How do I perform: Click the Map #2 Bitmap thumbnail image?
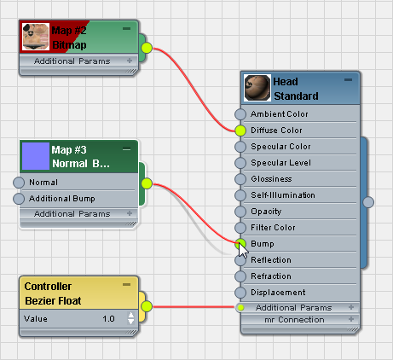click(x=36, y=37)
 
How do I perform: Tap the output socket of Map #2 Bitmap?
click(x=147, y=48)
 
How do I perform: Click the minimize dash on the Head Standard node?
click(x=348, y=79)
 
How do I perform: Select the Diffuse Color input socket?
click(x=240, y=131)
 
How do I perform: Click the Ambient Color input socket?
click(x=240, y=114)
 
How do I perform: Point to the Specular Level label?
click(x=280, y=163)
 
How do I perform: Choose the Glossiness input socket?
click(x=240, y=179)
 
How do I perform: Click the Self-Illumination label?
click(x=283, y=195)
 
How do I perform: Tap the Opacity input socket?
click(x=240, y=212)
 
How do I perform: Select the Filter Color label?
click(x=273, y=228)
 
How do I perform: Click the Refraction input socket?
click(x=240, y=276)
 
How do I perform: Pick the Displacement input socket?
click(x=240, y=293)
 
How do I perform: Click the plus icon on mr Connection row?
click(x=351, y=319)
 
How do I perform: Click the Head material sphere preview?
click(x=257, y=88)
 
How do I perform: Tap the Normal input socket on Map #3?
click(x=19, y=183)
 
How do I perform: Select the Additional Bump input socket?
click(x=19, y=199)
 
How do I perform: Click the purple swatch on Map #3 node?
click(x=36, y=156)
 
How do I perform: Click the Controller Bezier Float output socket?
click(x=147, y=306)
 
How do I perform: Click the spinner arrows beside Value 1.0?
click(x=130, y=318)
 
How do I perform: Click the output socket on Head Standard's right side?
click(x=368, y=202)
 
